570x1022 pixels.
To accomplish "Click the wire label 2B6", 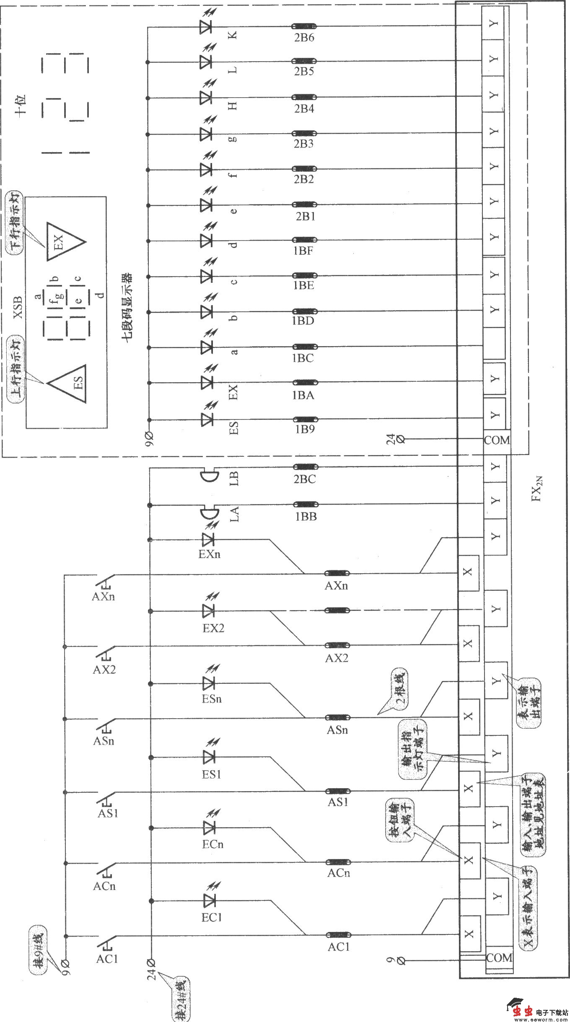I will (x=304, y=38).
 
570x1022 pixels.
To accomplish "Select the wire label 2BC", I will (x=305, y=479).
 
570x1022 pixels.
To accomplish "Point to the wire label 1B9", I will (x=304, y=429).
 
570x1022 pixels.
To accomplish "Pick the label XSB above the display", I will (x=18, y=308).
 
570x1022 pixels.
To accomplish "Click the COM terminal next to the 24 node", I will (x=497, y=440).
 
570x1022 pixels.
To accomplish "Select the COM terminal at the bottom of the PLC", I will (x=499, y=957).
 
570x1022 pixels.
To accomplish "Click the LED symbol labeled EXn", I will (x=208, y=539).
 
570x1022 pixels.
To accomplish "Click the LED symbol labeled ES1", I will (x=209, y=757).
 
